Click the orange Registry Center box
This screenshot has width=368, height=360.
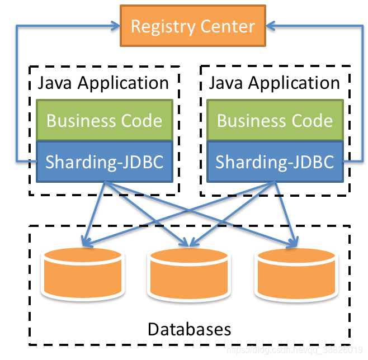(192, 26)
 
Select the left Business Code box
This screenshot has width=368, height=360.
(104, 120)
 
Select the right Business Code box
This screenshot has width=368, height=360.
(275, 120)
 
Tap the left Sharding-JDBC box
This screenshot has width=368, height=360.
(104, 162)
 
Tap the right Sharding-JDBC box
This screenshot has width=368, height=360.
(275, 162)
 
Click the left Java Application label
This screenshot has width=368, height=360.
(103, 83)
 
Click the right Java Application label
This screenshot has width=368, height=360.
(274, 83)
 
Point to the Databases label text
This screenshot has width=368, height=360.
(189, 329)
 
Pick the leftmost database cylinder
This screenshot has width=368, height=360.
(82, 273)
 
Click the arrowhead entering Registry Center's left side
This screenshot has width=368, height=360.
(116, 26)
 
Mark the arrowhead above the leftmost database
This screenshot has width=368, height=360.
(85, 243)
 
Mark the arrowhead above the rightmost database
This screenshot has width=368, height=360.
(292, 243)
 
